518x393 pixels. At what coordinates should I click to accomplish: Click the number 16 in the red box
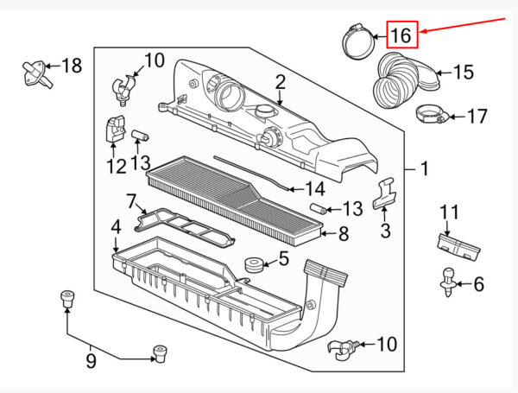[401, 35]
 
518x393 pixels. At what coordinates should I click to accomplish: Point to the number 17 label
[477, 117]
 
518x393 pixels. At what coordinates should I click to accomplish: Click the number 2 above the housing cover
[280, 82]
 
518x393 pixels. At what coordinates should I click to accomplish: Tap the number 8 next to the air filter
[344, 234]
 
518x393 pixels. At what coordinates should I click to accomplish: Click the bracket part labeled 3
[384, 194]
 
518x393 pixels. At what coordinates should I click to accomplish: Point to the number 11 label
[450, 212]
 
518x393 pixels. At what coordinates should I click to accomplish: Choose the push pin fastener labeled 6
[449, 282]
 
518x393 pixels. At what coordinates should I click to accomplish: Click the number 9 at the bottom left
[91, 360]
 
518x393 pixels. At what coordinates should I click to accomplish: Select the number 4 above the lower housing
[116, 227]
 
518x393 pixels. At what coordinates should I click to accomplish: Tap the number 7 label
[131, 201]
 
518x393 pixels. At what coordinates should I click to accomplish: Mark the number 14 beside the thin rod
[315, 189]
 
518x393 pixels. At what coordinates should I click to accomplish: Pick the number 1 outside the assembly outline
[425, 169]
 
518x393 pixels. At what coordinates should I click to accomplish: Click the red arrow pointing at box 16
[463, 25]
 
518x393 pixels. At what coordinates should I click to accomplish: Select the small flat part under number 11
[458, 246]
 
